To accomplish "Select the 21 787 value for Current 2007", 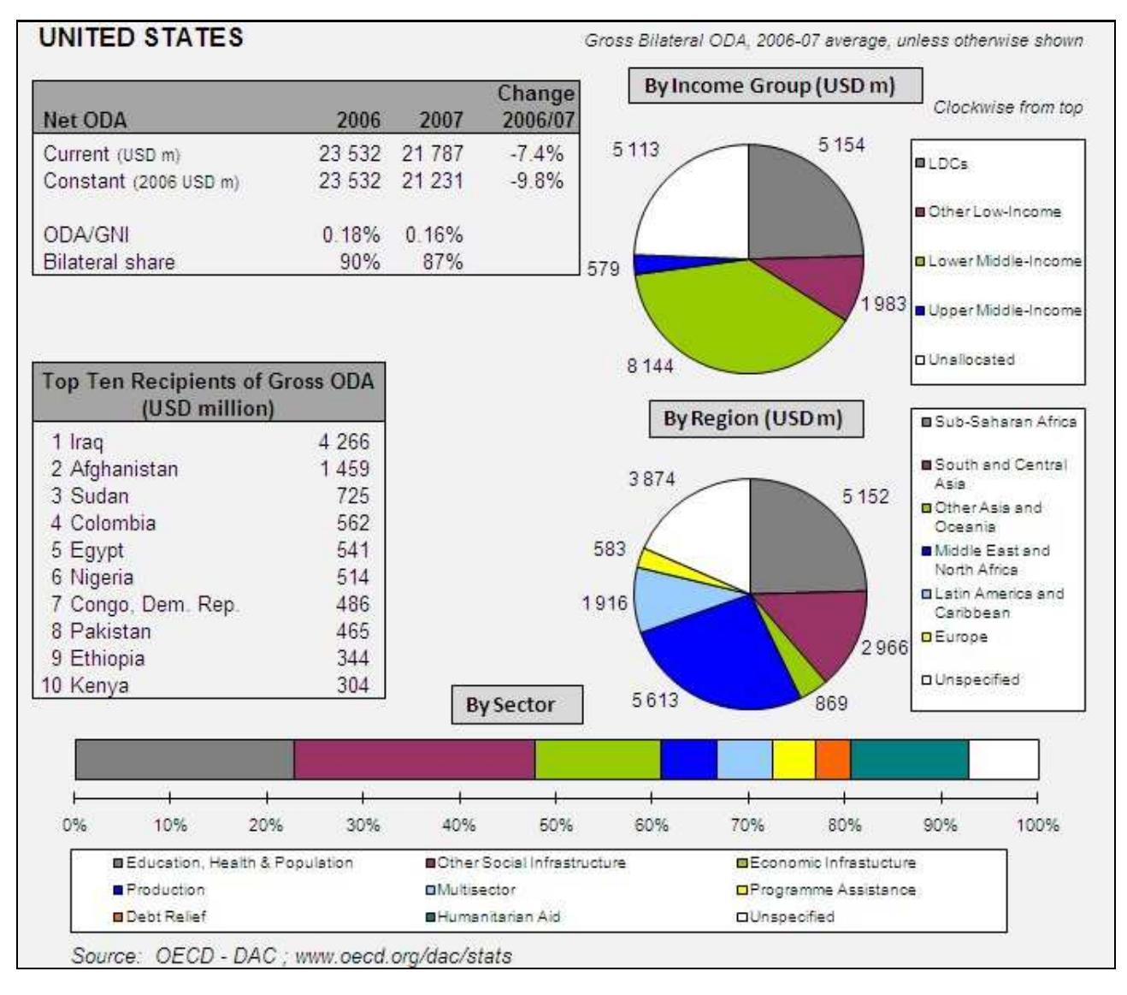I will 433,154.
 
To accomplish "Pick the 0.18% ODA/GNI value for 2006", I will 351,235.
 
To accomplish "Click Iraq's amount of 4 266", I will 345,442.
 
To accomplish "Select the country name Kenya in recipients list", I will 98,686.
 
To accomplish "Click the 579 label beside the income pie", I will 603,269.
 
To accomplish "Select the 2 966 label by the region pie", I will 884,648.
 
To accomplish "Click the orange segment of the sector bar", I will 833,760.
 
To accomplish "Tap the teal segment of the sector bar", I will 909,760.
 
